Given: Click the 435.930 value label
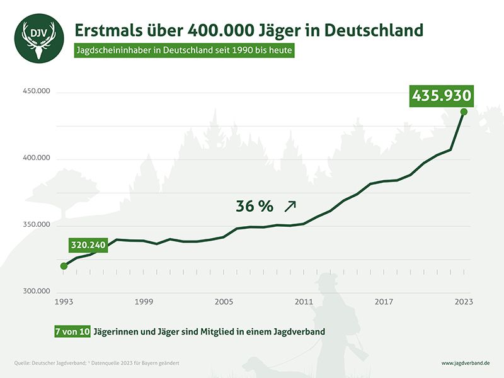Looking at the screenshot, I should (x=441, y=96).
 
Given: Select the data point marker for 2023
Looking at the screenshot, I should (x=464, y=112).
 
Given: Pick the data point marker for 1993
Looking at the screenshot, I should (x=64, y=266).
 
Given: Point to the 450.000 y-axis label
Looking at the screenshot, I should (x=35, y=92).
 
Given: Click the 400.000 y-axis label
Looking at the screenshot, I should (x=35, y=159).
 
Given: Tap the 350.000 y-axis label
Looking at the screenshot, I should (x=35, y=225).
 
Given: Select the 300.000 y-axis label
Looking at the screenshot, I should (x=35, y=291).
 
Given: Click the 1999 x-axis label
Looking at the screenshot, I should (x=144, y=302).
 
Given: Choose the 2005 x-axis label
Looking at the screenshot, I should (x=224, y=302).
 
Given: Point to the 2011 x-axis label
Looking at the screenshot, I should (x=304, y=302).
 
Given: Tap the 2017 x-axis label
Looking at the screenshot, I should (x=384, y=302).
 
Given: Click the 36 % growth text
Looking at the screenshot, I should (x=255, y=206).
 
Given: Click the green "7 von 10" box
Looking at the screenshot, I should (x=71, y=331).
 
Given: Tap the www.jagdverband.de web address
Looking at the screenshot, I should (x=466, y=364).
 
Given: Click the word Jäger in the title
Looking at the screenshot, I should (x=290, y=30).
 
